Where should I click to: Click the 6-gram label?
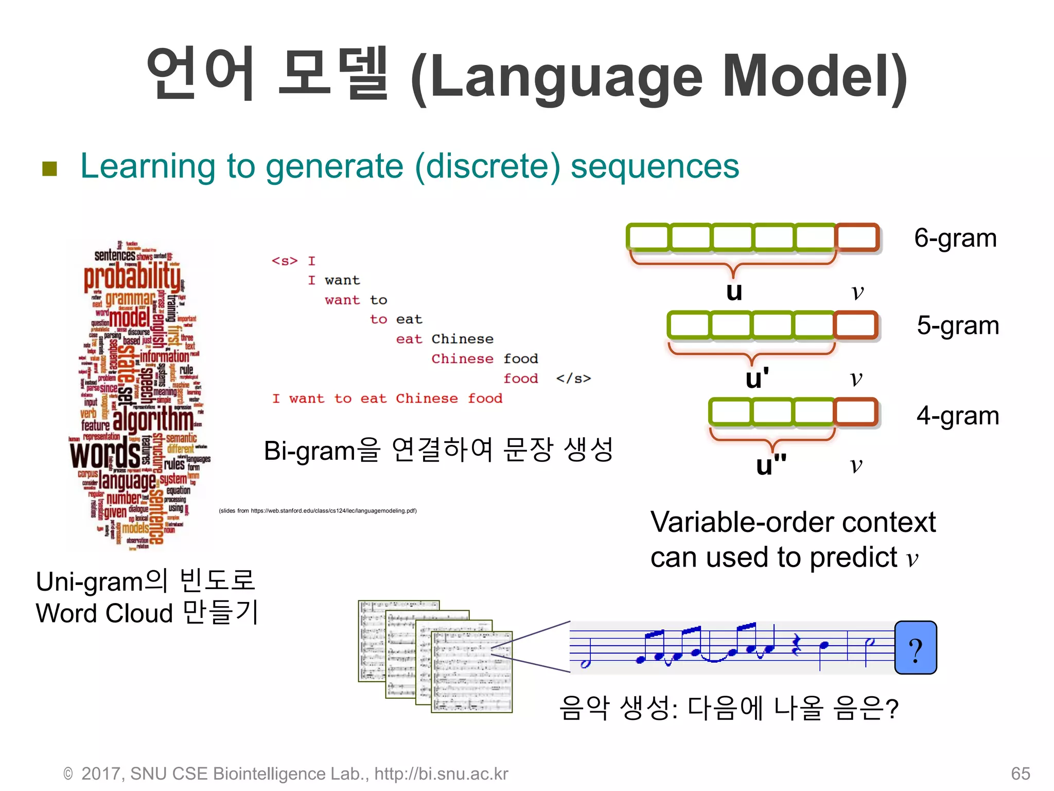coord(955,238)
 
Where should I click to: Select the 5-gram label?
coord(957,325)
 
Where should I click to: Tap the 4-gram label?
coord(957,415)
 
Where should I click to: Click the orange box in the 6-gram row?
coord(857,238)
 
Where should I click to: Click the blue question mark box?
coord(916,648)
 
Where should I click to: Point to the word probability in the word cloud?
coord(132,277)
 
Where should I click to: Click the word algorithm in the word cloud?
coord(153,420)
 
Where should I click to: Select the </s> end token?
coord(573,379)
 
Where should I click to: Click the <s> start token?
coord(285,261)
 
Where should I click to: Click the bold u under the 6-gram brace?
coord(734,291)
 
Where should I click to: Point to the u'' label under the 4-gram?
coord(770,465)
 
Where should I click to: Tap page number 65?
coord(1020,773)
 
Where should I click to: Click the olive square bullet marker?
coord(49,168)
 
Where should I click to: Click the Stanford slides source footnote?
coord(318,511)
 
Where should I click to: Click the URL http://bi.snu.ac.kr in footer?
coord(441,773)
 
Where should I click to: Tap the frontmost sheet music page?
coord(471,672)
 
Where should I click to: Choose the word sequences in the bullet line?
coord(655,166)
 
